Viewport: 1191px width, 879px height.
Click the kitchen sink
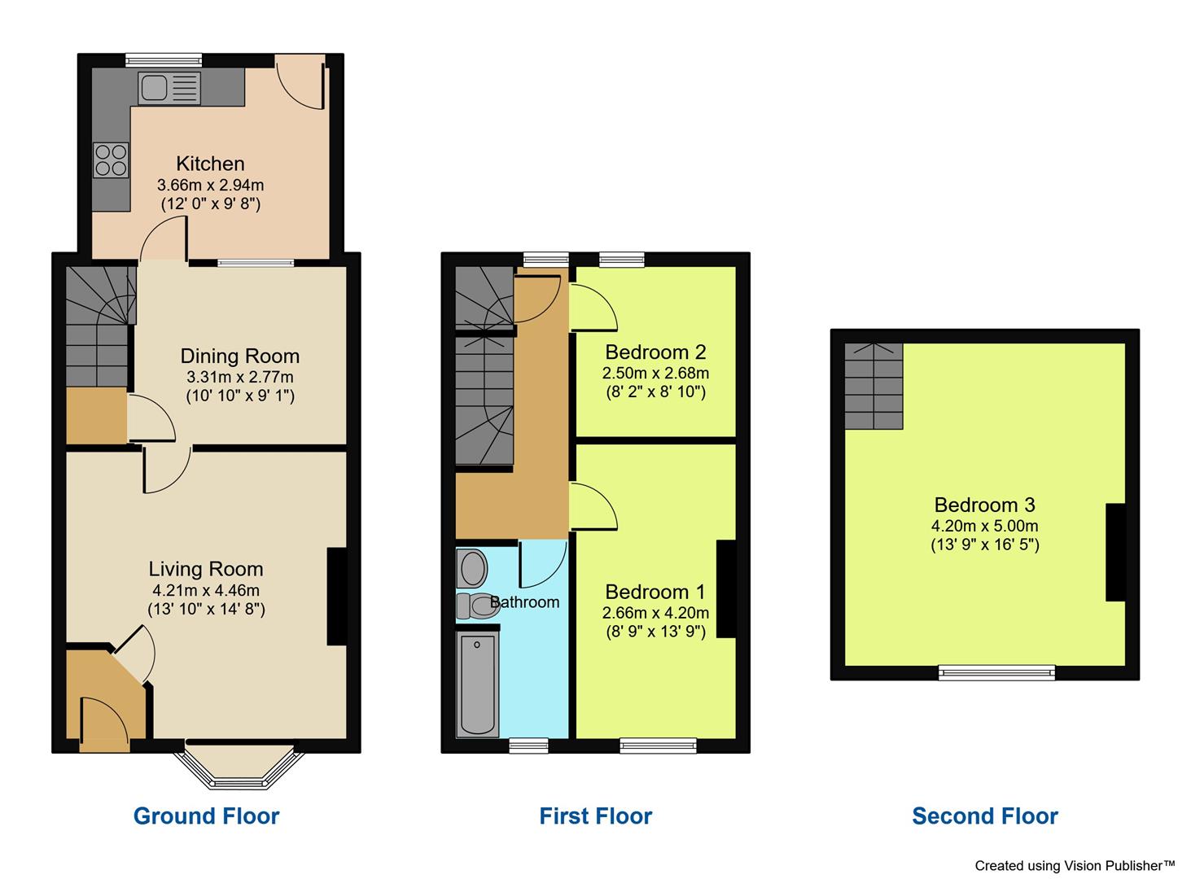coord(169,88)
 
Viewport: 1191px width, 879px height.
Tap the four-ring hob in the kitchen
coord(112,160)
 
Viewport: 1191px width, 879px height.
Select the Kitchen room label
coord(211,164)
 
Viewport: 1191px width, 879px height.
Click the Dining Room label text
coord(239,356)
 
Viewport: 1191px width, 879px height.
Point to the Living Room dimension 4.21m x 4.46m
coord(206,590)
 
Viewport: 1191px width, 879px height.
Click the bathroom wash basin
coord(472,567)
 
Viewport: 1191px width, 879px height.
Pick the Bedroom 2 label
coord(655,352)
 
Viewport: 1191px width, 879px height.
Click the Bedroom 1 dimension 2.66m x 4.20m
coord(655,612)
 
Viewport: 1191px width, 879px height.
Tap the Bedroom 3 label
coord(984,504)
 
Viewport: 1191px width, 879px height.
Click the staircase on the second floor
coord(874,386)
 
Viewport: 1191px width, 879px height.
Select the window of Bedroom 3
coord(996,672)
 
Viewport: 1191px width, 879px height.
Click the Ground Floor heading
coord(206,816)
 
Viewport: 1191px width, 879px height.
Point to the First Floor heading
coord(596,816)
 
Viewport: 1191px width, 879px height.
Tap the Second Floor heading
coord(985,816)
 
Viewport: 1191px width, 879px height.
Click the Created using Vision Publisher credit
coord(1075,866)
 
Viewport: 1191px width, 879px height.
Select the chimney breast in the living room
coord(337,596)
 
